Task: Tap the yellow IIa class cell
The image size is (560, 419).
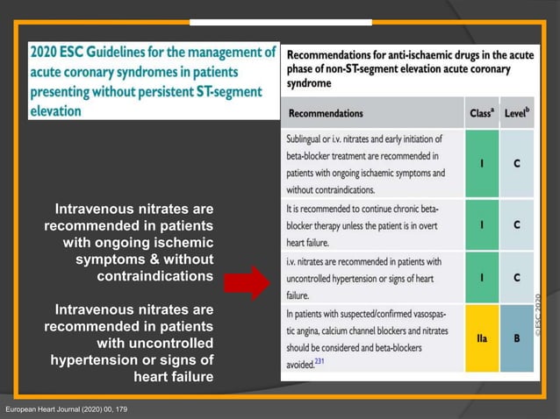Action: click(481, 338)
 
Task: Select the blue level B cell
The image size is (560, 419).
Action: click(517, 338)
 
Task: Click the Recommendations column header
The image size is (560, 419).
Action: click(326, 113)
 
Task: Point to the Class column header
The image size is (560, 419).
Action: click(480, 113)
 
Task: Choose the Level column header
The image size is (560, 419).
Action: click(517, 113)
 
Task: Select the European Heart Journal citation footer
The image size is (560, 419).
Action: click(66, 410)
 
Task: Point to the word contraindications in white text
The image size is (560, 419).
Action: click(155, 277)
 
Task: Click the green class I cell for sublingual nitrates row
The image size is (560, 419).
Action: click(481, 163)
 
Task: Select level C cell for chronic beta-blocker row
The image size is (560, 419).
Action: click(517, 224)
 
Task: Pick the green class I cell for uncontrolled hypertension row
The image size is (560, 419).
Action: click(481, 277)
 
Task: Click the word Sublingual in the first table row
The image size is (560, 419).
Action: click(309, 138)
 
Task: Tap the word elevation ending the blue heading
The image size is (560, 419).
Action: click(55, 111)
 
